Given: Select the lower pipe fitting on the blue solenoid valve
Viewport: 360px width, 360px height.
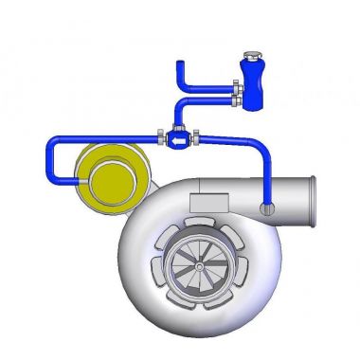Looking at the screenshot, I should pos(233,99).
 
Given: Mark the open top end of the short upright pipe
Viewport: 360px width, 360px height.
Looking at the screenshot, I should pos(177,63).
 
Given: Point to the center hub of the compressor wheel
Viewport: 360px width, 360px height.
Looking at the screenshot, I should pos(201,267).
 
